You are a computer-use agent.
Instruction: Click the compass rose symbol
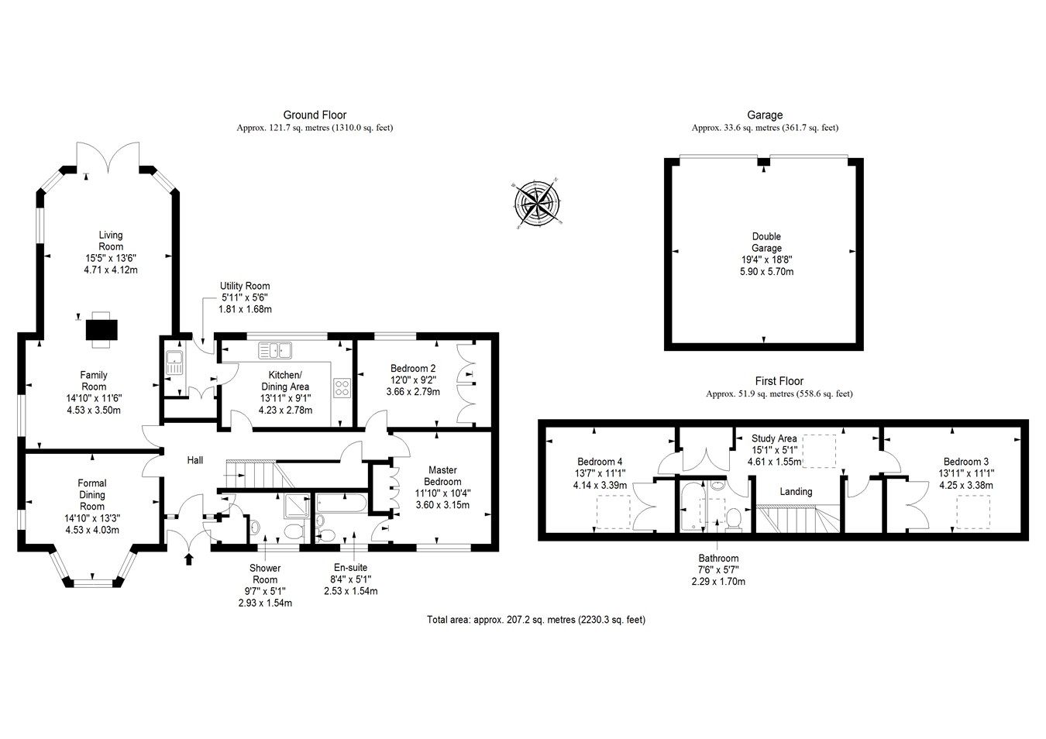pyautogui.click(x=537, y=204)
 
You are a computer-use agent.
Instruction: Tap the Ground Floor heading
pyautogui.click(x=315, y=115)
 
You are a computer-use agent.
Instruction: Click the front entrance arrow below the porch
pyautogui.click(x=188, y=559)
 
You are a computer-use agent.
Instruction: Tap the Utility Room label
pyautogui.click(x=245, y=297)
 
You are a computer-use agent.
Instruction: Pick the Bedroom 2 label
pyautogui.click(x=413, y=380)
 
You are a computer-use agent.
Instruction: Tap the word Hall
pyautogui.click(x=195, y=460)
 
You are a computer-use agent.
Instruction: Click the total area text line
pyautogui.click(x=536, y=620)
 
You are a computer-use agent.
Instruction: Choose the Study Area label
pyautogui.click(x=774, y=450)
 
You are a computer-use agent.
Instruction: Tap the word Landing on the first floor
pyautogui.click(x=796, y=491)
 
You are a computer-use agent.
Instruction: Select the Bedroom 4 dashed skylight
pyautogui.click(x=613, y=511)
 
